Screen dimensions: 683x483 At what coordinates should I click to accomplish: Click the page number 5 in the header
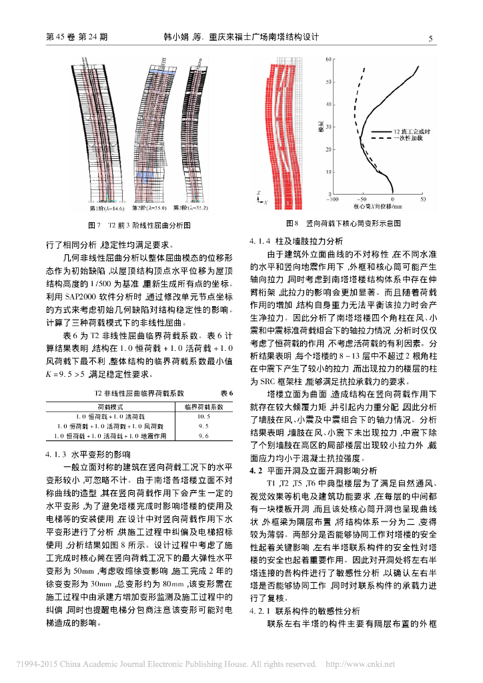pyautogui.click(x=430, y=38)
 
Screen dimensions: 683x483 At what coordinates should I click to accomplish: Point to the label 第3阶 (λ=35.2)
pyautogui.click(x=191, y=207)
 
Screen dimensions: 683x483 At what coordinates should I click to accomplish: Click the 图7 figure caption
pyautogui.click(x=139, y=225)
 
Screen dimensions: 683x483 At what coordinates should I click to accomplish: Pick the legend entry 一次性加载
pyautogui.click(x=406, y=138)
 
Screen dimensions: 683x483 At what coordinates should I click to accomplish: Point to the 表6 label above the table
pyautogui.click(x=226, y=394)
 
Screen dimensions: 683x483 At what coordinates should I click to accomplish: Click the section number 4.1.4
pyautogui.click(x=260, y=241)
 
